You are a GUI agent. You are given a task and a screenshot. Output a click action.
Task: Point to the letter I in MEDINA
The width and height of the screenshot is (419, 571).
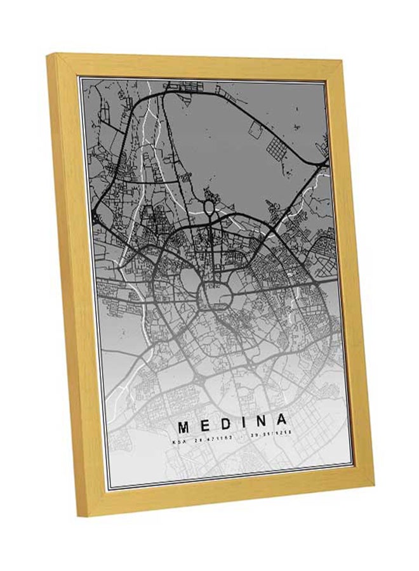pyautogui.click(x=244, y=421)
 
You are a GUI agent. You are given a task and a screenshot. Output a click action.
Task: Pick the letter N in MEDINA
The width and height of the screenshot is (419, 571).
pyautogui.click(x=260, y=421)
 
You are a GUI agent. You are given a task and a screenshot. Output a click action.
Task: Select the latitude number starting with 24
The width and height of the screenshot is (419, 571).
pyautogui.click(x=204, y=438)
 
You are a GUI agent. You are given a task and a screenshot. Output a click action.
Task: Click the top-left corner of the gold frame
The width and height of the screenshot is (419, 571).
pyautogui.click(x=49, y=56)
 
